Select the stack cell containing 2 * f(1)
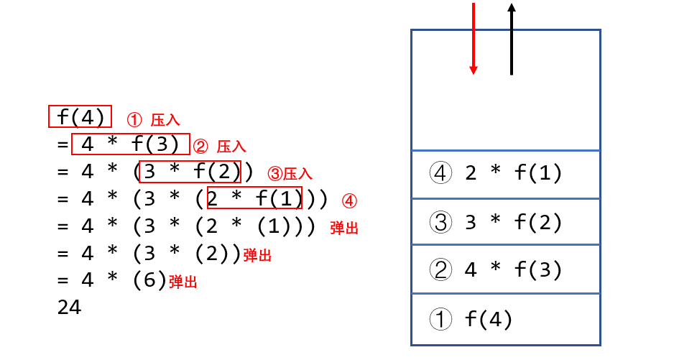click(504, 173)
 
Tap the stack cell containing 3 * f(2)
click(504, 222)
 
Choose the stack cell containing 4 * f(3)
click(504, 270)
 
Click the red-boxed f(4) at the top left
click(80, 116)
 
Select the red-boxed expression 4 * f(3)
click(130, 144)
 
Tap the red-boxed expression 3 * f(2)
click(190, 172)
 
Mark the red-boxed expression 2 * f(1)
click(254, 198)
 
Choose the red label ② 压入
click(220, 147)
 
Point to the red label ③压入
click(290, 174)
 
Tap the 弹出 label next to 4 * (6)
click(183, 282)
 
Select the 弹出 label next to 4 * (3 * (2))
click(257, 255)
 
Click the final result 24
click(69, 308)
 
